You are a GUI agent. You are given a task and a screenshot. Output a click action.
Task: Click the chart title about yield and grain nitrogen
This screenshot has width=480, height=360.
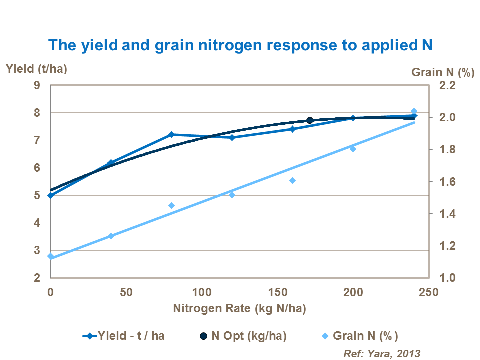pos(240,45)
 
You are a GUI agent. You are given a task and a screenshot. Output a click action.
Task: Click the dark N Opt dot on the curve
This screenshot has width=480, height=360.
pos(310,120)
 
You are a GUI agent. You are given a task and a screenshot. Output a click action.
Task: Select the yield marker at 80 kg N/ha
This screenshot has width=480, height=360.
pos(172,134)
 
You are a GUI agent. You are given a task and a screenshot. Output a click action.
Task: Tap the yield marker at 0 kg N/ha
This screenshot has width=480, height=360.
pos(50,195)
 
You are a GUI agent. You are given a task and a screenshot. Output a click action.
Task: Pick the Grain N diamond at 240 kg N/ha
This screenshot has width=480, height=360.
pos(414,111)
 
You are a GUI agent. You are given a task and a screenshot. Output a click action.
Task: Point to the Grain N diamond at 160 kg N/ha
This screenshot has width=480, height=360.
pos(293,180)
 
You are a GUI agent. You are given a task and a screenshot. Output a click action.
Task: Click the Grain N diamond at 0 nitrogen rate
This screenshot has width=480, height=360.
pos(50,256)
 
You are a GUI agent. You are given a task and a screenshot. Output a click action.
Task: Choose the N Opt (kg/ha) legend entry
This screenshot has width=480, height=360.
pos(242,335)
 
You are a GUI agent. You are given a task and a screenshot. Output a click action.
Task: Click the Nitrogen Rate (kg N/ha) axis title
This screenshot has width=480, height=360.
pos(239,308)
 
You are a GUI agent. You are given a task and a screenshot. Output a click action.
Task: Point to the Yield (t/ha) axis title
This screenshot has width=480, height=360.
pos(36,69)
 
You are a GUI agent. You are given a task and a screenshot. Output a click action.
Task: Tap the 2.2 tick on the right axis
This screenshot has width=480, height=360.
pos(447,85)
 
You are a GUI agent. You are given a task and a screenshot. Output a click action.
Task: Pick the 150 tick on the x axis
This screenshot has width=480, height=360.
pos(278,292)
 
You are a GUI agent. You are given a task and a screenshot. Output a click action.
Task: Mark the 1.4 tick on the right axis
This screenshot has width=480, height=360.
pos(447,214)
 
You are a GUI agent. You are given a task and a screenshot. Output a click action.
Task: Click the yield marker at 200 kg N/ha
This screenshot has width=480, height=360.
pos(353,118)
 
